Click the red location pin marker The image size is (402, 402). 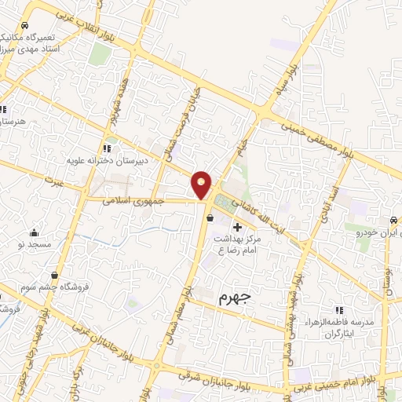(202, 184)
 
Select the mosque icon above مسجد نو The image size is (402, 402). (34, 232)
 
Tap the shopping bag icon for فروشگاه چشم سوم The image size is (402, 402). (54, 275)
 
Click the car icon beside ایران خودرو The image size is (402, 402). (393, 221)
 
